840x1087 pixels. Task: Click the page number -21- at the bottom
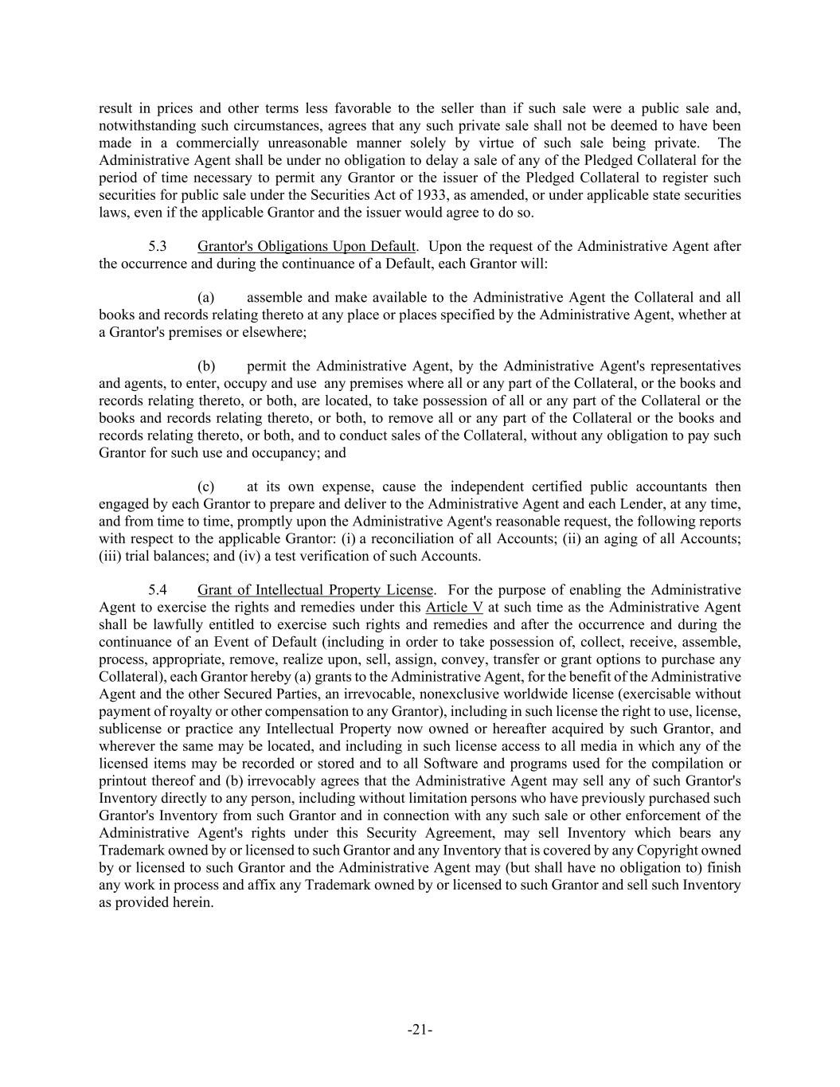pyautogui.click(x=420, y=1030)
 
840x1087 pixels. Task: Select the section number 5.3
pyautogui.click(x=157, y=246)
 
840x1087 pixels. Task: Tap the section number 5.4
pyautogui.click(x=157, y=590)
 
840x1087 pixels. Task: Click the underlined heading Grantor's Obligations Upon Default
pyautogui.click(x=307, y=246)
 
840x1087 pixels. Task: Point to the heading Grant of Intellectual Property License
pyautogui.click(x=315, y=590)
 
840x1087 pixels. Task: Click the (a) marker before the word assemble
pyautogui.click(x=206, y=298)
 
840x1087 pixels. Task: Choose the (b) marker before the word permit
pyautogui.click(x=206, y=366)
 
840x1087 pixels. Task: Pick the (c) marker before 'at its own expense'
pyautogui.click(x=206, y=487)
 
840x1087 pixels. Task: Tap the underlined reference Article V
pyautogui.click(x=455, y=608)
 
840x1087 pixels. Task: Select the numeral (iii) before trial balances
pyautogui.click(x=110, y=556)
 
